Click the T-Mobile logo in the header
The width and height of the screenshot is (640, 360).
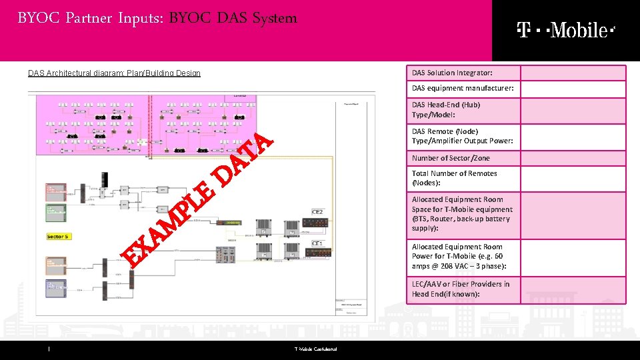point(565,30)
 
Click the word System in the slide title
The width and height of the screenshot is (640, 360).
point(275,18)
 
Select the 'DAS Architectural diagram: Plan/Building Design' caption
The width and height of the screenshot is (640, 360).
point(114,73)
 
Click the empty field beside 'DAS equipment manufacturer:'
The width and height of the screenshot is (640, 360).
point(573,89)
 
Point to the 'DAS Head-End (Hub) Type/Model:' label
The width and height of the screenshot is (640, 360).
point(446,110)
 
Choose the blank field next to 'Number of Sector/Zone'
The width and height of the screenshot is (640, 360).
point(573,158)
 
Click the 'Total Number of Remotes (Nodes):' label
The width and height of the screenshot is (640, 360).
point(454,178)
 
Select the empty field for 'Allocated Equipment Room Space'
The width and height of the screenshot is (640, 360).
point(573,215)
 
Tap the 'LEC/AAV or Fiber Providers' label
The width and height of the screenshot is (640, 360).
point(461,289)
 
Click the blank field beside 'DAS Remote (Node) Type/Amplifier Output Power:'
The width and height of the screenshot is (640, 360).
point(573,137)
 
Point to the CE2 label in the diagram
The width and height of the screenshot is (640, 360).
point(318,212)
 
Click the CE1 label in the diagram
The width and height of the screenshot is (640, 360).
point(318,244)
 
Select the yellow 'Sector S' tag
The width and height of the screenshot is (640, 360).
point(57,237)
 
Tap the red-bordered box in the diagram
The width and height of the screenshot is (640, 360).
point(55,190)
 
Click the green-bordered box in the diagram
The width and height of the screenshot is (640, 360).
point(55,213)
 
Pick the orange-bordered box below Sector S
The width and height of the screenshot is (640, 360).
point(55,265)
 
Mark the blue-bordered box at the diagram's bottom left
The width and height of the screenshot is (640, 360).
point(55,288)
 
